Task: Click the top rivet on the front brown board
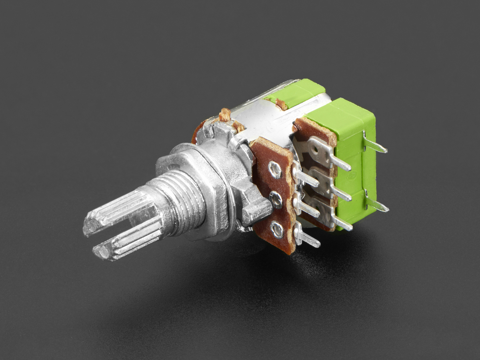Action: point(275,170)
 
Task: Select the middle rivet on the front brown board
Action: point(276,199)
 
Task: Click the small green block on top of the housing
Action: point(296,92)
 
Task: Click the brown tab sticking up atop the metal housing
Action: point(225,115)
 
